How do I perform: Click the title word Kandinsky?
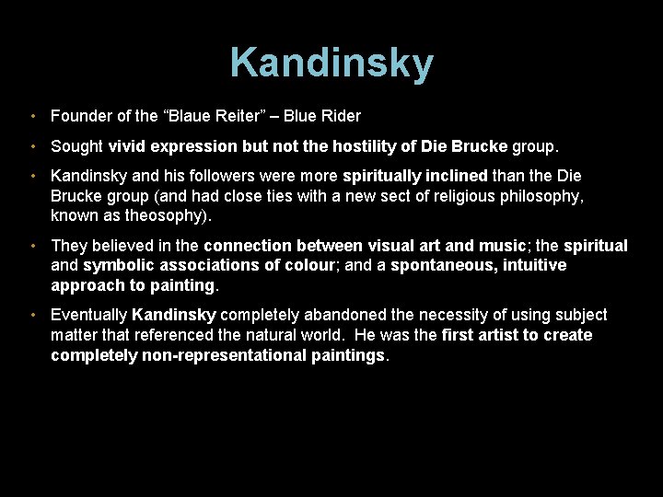(331, 64)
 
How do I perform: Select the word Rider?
(341, 116)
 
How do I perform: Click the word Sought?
(77, 146)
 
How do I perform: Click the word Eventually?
(89, 316)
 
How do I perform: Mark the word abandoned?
(346, 316)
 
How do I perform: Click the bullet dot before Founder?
(32, 117)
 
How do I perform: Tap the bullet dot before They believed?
(32, 247)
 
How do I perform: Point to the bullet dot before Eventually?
(32, 316)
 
